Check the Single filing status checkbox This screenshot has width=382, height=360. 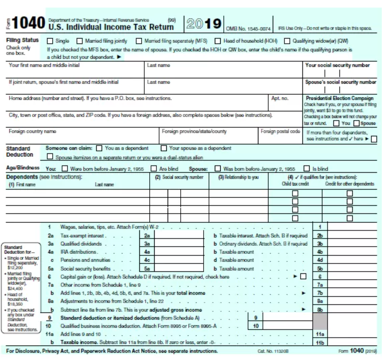point(50,41)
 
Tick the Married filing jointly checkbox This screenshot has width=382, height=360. point(80,41)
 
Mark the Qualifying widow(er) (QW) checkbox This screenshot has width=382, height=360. point(288,41)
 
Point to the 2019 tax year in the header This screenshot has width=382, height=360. point(204,23)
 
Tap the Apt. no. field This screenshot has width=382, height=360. point(285,106)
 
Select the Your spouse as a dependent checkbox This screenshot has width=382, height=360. point(164,148)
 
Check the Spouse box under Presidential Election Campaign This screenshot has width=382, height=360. point(357,123)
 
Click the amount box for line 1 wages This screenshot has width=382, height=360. point(353,227)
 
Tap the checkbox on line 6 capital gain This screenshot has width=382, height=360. point(303,276)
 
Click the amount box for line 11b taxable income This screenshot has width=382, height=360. point(353,342)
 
